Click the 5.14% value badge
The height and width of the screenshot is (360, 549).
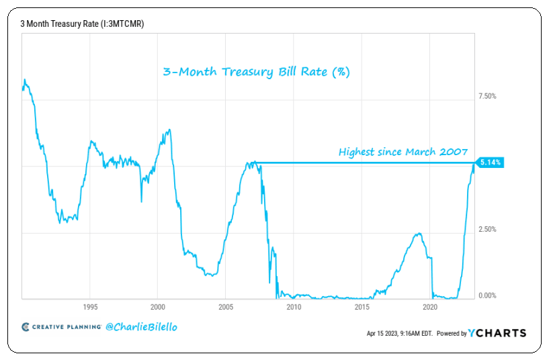click(x=491, y=163)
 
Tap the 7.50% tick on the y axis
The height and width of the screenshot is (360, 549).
click(x=487, y=96)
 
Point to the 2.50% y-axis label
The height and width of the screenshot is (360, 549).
click(x=487, y=229)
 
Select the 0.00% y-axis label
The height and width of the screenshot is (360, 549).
click(x=487, y=296)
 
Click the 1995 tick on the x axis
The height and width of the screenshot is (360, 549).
click(x=90, y=307)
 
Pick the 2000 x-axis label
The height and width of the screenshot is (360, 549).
click(x=157, y=307)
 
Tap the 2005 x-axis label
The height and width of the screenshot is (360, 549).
click(x=226, y=307)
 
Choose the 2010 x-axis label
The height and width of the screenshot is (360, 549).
click(x=294, y=307)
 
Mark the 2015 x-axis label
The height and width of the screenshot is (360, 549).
click(x=362, y=307)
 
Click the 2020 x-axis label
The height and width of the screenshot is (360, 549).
click(x=430, y=307)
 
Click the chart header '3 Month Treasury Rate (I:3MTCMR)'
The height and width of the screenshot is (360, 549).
click(x=82, y=24)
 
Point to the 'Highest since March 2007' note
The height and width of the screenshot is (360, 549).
click(x=403, y=152)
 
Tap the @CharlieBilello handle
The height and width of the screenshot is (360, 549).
click(x=142, y=327)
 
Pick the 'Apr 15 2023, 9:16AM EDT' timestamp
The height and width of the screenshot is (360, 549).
click(x=400, y=333)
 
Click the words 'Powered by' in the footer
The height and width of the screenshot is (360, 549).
click(x=452, y=333)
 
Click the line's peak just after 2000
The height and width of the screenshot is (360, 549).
click(x=169, y=130)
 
